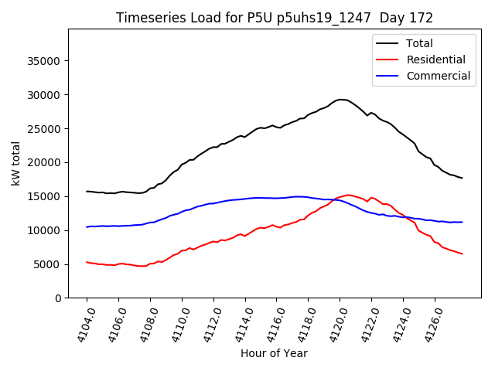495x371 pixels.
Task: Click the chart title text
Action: tap(275, 18)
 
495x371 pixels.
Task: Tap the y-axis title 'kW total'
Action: tap(16, 163)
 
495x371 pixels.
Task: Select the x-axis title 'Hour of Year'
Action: tap(274, 353)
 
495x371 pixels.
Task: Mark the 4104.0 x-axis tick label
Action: tap(80, 324)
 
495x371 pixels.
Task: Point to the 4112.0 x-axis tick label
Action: tap(207, 324)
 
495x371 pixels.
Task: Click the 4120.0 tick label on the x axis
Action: tap(333, 324)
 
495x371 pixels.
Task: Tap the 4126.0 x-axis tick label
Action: tap(428, 324)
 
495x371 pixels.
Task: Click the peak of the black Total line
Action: tap(341, 100)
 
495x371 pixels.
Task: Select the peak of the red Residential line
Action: tap(349, 195)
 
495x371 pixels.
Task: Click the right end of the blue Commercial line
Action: tap(462, 222)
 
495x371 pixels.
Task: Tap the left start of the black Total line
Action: tap(87, 191)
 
